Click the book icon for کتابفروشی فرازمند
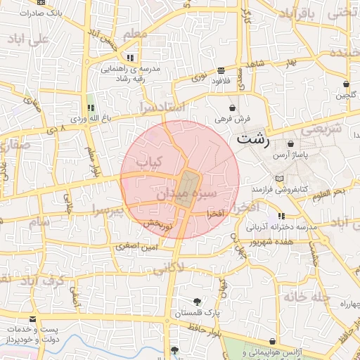281,179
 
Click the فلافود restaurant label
221,80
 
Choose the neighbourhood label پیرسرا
106,210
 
